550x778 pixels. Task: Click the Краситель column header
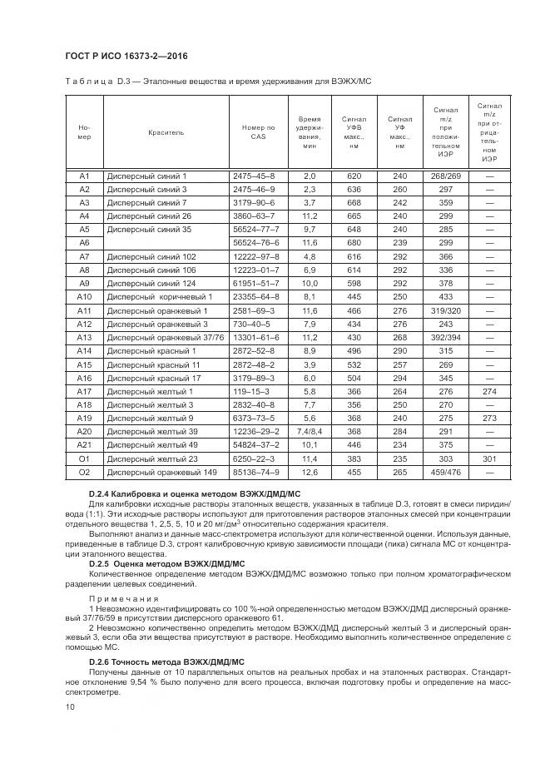pyautogui.click(x=166, y=131)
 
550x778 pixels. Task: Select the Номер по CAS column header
pyautogui.click(x=257, y=131)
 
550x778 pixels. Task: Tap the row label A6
pyautogui.click(x=84, y=242)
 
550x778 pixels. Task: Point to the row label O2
pyautogui.click(x=84, y=472)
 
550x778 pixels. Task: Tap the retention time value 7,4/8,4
pyautogui.click(x=310, y=431)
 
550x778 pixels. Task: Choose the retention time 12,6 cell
pyautogui.click(x=310, y=472)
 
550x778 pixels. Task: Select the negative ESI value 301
pyautogui.click(x=489, y=458)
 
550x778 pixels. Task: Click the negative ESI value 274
pyautogui.click(x=489, y=391)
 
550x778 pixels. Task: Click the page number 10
pyautogui.click(x=69, y=707)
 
